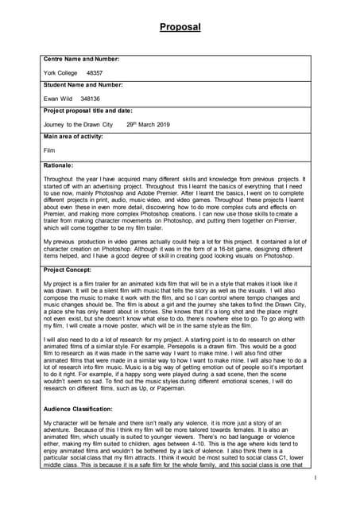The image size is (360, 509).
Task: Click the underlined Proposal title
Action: [x=180, y=27]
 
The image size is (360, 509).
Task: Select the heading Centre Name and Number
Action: [x=81, y=59]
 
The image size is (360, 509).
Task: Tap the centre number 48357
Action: [x=95, y=72]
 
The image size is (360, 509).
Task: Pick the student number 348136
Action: [x=91, y=99]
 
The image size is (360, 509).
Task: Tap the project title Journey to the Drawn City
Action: [x=78, y=125]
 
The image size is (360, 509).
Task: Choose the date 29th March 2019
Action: [x=147, y=125]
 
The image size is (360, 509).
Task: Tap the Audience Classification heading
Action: [x=83, y=408]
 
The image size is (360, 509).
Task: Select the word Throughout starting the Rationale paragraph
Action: [x=60, y=180]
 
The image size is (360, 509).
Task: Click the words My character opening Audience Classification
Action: [x=60, y=422]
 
